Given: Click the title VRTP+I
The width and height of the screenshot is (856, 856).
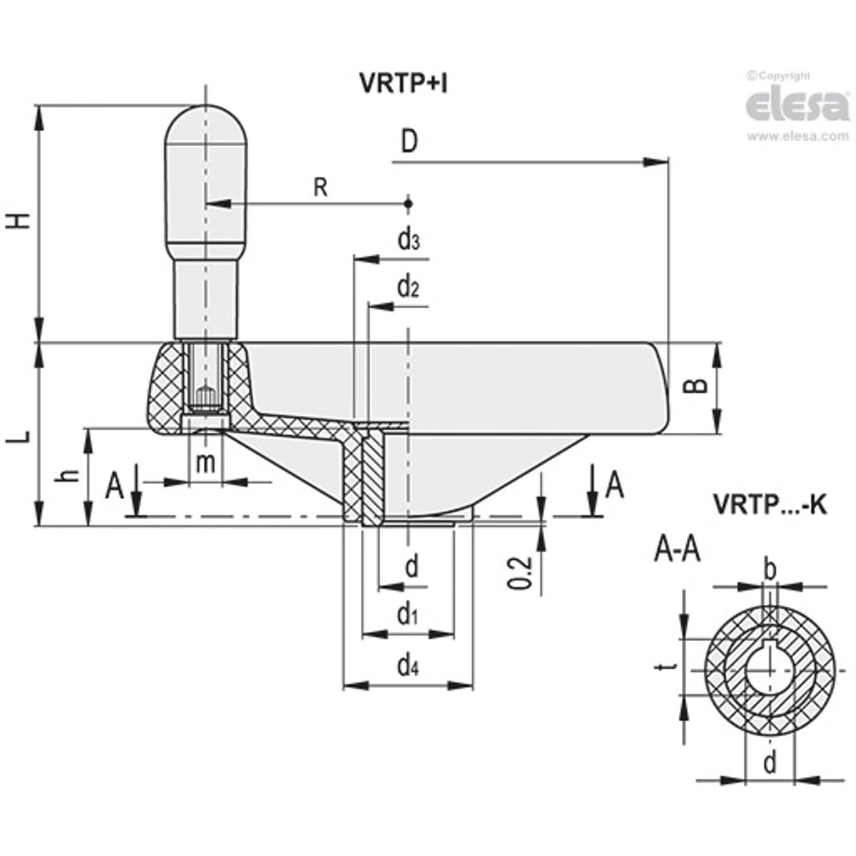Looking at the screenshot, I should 404,85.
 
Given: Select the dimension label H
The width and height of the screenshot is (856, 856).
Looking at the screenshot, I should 21,221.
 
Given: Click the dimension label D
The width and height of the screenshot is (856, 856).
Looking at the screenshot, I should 409,142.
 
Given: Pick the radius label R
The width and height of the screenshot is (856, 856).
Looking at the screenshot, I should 321,188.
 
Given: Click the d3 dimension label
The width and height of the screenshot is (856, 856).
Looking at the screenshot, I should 409,240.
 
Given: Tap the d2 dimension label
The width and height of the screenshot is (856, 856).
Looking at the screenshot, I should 409,287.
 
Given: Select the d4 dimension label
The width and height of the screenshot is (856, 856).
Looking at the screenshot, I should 408,664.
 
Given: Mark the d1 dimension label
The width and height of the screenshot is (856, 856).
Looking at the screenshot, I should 407,615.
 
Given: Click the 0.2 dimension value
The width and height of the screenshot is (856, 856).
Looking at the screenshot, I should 518,572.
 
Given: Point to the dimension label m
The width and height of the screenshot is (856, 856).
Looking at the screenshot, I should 204,463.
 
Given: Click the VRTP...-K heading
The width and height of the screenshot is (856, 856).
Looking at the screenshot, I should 769,505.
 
